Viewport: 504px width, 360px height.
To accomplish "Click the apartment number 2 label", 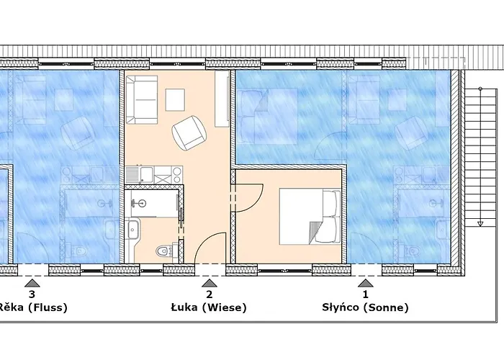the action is point(210,294).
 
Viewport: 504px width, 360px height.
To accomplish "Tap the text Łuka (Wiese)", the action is point(209,307).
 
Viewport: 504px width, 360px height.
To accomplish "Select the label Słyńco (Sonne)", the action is point(365,307).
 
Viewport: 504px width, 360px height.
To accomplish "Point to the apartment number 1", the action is point(365,294).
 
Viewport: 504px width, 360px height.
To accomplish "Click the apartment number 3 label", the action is point(32,294).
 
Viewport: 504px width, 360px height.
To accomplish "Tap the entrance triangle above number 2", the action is point(210,283).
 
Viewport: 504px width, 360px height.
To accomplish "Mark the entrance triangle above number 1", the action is point(366,283).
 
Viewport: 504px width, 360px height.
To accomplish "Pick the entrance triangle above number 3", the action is point(32,283).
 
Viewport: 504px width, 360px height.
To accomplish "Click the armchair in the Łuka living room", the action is point(189,132).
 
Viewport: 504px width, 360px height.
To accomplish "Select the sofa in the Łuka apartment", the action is point(141,99).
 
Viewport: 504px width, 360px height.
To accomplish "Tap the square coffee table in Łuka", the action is point(175,99).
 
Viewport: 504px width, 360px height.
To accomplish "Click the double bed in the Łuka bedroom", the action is point(310,216).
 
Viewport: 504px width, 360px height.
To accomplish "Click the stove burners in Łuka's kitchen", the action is point(177,174).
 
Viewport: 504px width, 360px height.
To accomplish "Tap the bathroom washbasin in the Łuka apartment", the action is point(132,229).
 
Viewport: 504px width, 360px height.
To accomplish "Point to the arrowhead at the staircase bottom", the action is point(480,224).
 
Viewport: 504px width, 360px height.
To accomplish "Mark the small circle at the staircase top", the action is point(480,89).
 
